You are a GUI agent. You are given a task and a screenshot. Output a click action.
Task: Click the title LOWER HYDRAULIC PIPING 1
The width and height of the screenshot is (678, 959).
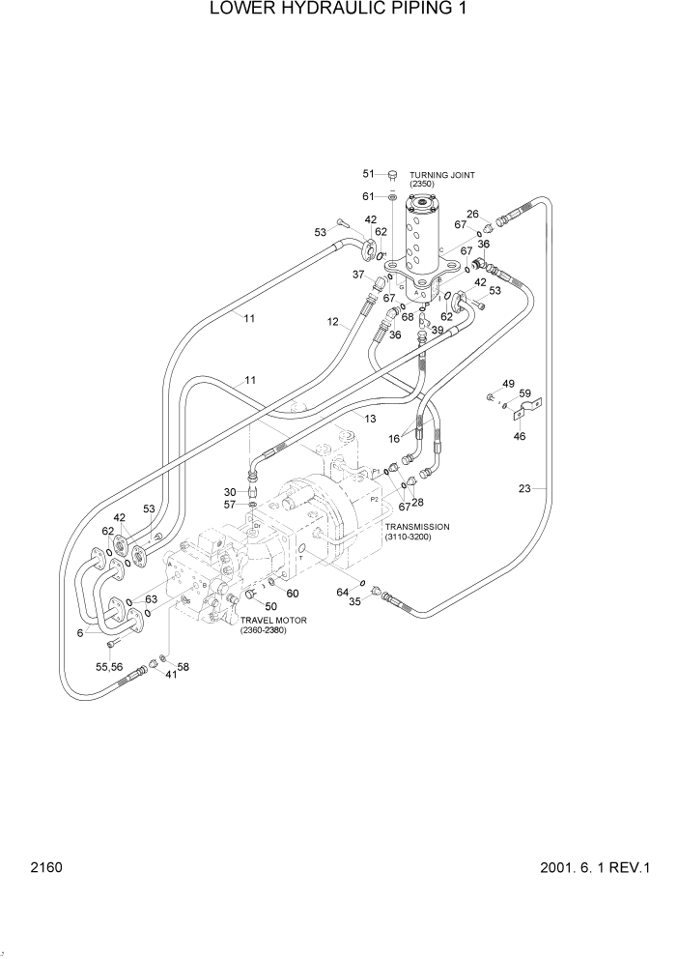(338, 11)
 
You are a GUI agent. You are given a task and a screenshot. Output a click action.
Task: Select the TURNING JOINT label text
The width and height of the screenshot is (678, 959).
(441, 175)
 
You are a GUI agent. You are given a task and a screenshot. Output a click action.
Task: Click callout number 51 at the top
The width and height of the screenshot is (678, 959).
(368, 174)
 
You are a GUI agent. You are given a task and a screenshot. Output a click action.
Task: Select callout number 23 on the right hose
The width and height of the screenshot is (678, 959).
(524, 489)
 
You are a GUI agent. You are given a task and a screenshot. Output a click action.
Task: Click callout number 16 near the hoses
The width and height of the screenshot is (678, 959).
(394, 438)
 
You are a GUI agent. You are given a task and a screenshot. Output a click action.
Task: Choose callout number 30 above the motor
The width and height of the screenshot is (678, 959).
(231, 491)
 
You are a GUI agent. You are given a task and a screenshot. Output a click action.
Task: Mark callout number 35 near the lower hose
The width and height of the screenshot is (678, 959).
(354, 601)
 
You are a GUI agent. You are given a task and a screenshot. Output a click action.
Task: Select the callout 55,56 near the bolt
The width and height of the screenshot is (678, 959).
(109, 666)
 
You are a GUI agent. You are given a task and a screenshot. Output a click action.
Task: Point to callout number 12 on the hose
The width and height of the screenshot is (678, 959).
(332, 322)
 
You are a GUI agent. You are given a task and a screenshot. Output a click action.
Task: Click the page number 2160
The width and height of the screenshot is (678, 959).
(45, 867)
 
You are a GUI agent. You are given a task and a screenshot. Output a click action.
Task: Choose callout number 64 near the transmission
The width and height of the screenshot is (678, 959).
(342, 592)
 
